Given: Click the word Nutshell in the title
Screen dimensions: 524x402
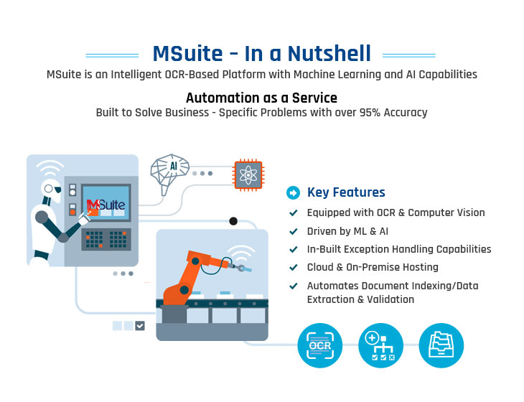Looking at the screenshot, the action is (x=329, y=53).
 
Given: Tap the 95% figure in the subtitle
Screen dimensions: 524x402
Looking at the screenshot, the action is (x=370, y=113).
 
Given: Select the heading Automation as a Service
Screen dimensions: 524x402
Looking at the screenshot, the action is (x=261, y=98).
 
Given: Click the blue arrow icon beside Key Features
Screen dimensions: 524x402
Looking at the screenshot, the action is (x=293, y=192).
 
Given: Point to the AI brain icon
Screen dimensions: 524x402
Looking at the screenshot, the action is (x=169, y=173).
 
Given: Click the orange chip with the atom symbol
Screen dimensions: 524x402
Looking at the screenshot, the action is (x=248, y=174).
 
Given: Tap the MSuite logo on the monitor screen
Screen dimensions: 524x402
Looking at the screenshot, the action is (x=106, y=204).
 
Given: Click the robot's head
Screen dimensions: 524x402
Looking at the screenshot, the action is (x=52, y=189).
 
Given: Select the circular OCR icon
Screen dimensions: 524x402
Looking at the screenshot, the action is (x=320, y=345).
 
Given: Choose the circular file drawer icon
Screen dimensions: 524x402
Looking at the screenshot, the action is (x=441, y=345).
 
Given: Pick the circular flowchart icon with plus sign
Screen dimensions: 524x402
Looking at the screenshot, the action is (x=380, y=345).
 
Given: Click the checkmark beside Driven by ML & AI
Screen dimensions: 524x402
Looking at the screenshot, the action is (x=294, y=231).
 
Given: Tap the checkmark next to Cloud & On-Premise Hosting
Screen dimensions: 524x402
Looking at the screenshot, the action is (x=294, y=267).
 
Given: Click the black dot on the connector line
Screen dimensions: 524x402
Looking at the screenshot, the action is (x=233, y=221).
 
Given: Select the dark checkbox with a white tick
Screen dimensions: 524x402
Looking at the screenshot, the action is (x=140, y=325).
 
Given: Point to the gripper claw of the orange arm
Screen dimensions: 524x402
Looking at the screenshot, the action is (x=242, y=267).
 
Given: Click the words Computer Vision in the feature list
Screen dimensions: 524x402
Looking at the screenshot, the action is (x=446, y=212).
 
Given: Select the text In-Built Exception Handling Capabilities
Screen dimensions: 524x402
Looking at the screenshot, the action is (x=399, y=249).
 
